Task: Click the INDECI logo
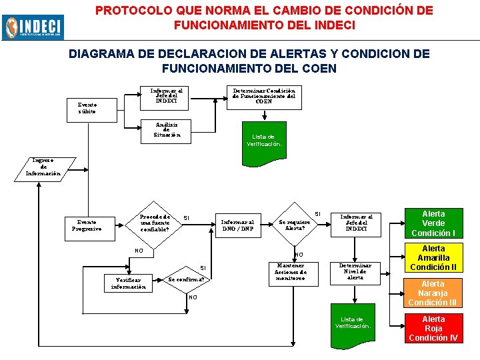(33, 26)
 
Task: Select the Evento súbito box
(87, 108)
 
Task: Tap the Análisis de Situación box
(167, 129)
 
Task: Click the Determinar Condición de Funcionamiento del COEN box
(264, 95)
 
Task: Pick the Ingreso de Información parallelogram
(43, 167)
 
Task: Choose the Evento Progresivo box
(87, 225)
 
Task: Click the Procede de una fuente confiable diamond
(155, 223)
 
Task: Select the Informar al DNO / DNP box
(237, 225)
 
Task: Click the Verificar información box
(128, 283)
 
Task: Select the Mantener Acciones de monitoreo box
(291, 271)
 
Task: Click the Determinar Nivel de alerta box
(355, 271)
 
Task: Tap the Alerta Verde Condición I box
(433, 223)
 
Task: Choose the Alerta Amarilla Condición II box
(433, 258)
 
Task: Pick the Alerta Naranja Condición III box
(433, 293)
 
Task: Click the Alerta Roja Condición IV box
(433, 328)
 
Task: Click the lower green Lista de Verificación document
(353, 325)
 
